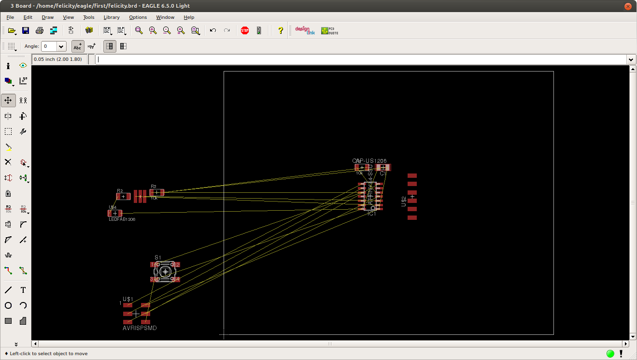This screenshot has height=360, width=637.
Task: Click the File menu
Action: tap(10, 17)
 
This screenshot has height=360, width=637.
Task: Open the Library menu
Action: tap(112, 17)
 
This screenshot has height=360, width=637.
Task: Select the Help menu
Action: tap(189, 17)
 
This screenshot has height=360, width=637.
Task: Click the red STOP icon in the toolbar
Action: tap(245, 30)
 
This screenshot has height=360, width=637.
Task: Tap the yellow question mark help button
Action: tap(281, 30)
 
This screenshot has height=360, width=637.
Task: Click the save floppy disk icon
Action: tap(26, 30)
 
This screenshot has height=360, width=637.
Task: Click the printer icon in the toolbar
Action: tap(40, 30)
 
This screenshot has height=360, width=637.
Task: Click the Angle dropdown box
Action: tap(54, 46)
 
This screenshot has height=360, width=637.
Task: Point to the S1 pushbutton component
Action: tap(165, 272)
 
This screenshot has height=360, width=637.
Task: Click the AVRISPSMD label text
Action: tap(140, 328)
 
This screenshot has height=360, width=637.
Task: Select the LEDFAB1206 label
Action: tap(122, 219)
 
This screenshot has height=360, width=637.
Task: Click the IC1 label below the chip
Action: tap(372, 214)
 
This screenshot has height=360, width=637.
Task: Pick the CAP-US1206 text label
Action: tap(369, 161)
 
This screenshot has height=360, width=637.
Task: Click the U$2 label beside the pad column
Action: tap(404, 202)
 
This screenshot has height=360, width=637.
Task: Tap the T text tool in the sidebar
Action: tap(23, 290)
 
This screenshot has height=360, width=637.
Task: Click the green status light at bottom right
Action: tap(610, 354)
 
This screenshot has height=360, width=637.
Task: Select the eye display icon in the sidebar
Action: tap(23, 66)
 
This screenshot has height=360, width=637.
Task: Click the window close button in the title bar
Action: tap(628, 6)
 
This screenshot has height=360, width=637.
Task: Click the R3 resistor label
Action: tap(154, 186)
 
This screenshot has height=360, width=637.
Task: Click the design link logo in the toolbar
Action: tap(305, 30)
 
